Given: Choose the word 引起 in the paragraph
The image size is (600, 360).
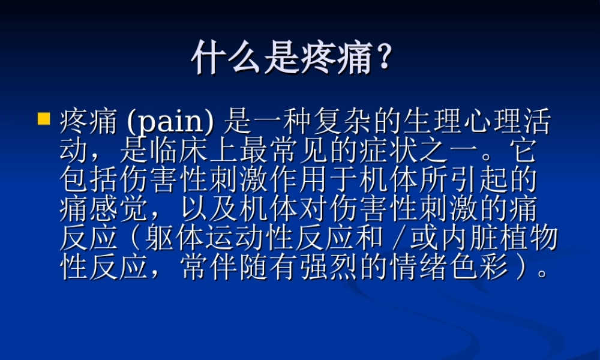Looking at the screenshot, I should pos(492,181).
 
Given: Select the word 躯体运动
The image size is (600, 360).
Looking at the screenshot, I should pos(193,239).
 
